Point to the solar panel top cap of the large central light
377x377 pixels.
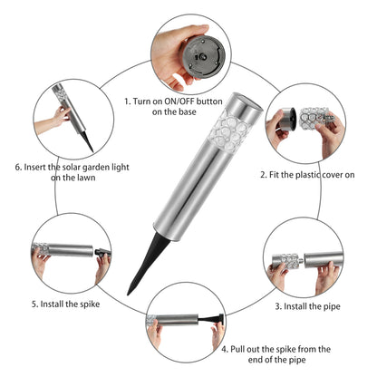pyautogui.click(x=246, y=104)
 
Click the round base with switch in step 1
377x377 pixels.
pyautogui.click(x=204, y=57)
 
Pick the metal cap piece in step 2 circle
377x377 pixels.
pyautogui.click(x=288, y=119)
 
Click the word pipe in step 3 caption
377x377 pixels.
pyautogui.click(x=331, y=307)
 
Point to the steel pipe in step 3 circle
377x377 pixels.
pyautogui.click(x=324, y=259)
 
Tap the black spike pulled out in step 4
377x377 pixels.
pyautogui.click(x=211, y=320)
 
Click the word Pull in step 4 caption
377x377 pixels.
pyautogui.click(x=237, y=349)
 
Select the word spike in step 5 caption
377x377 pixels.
pyautogui.click(x=90, y=304)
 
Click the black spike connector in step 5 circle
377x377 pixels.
pyautogui.click(x=102, y=252)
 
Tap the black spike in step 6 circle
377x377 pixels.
pyautogui.click(x=87, y=140)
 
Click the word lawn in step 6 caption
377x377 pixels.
pyautogui.click(x=86, y=178)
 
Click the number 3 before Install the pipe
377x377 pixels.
pyautogui.click(x=277, y=307)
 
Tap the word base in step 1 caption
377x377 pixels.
pyautogui.click(x=188, y=111)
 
